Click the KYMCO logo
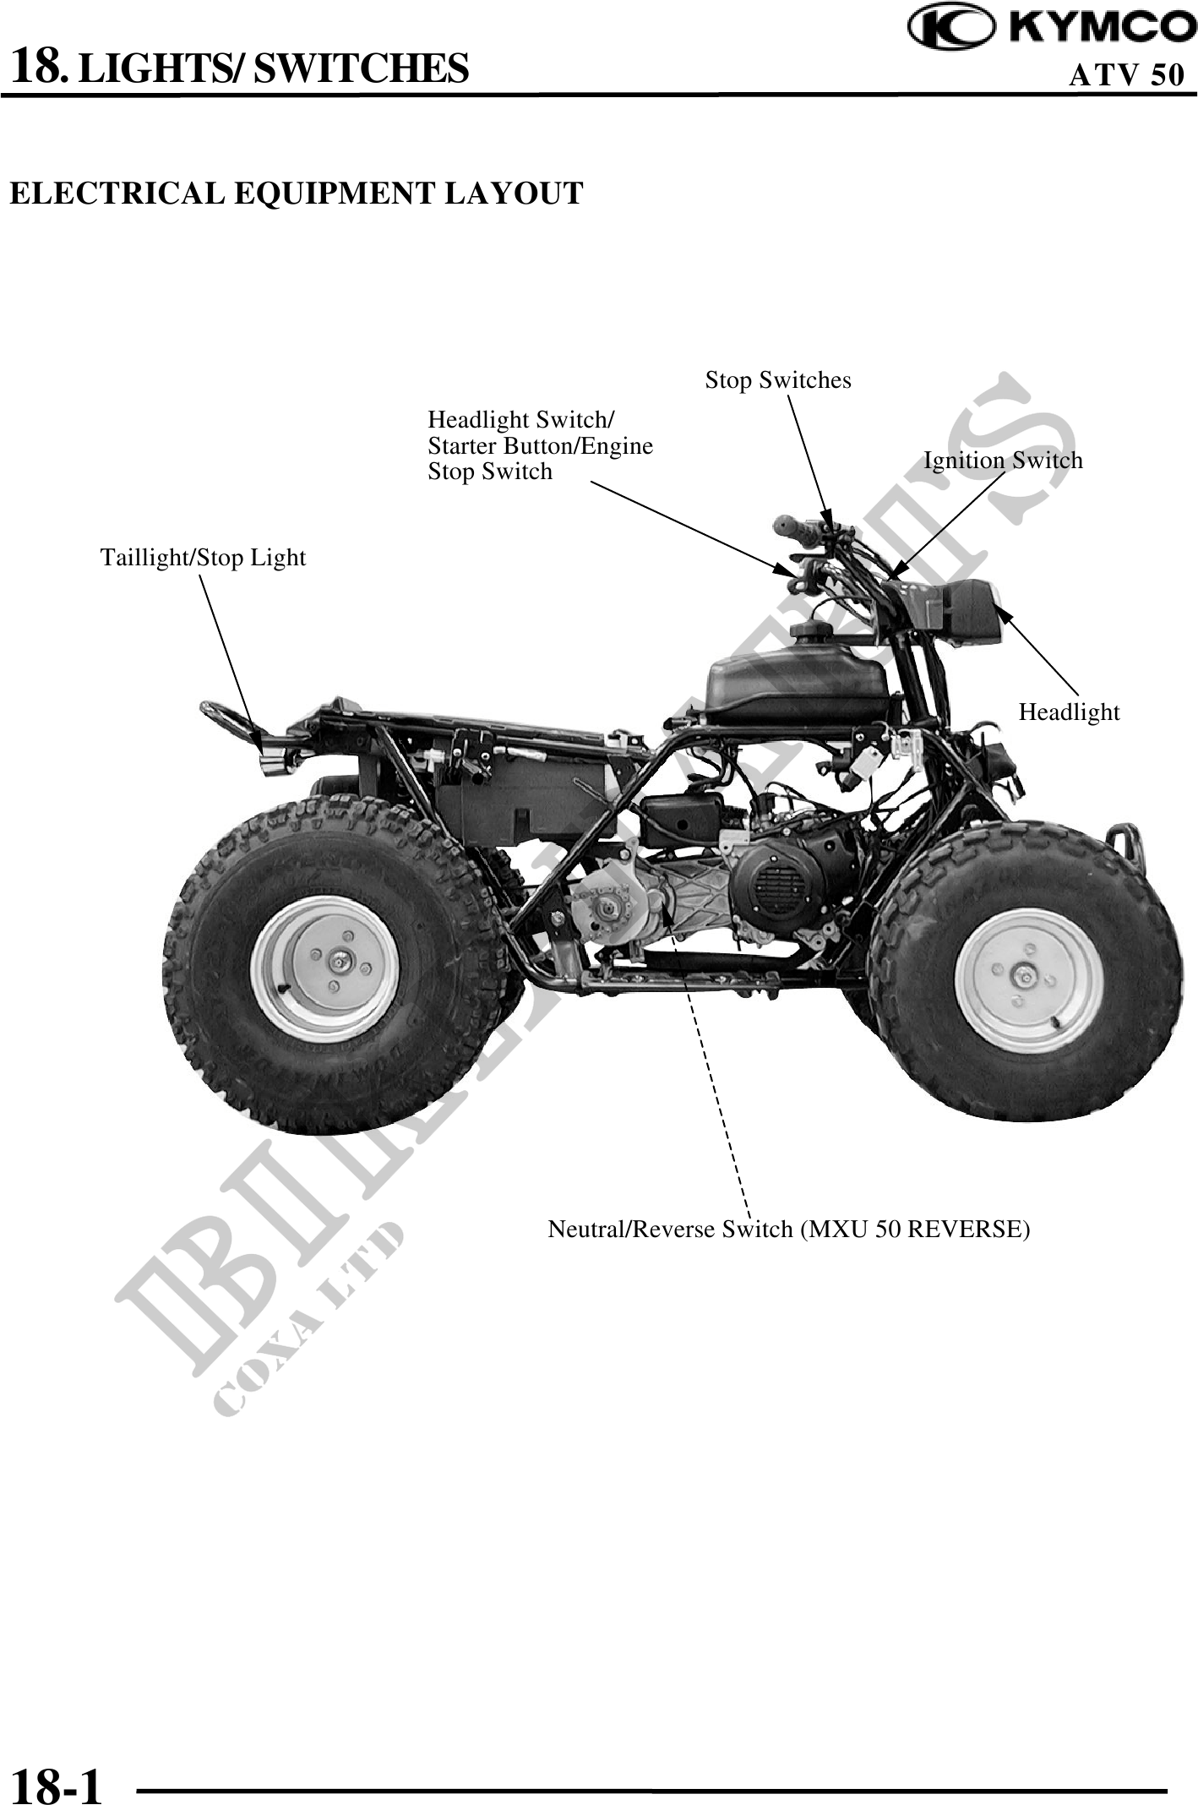(x=1052, y=28)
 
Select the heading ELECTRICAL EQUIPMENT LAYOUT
(x=296, y=193)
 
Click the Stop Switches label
(x=778, y=380)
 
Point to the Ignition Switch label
(x=1002, y=461)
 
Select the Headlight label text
(x=1068, y=712)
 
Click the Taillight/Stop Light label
(x=203, y=558)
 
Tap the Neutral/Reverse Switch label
(x=788, y=1229)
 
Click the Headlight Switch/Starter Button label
(x=540, y=445)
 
